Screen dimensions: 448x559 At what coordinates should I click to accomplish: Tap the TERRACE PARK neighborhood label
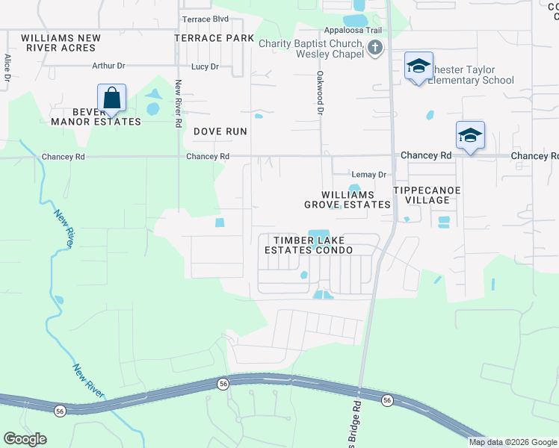click(209, 37)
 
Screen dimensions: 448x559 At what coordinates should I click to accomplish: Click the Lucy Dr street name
click(205, 66)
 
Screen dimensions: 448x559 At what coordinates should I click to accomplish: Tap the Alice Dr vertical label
click(7, 67)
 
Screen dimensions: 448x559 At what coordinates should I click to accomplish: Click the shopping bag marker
click(111, 98)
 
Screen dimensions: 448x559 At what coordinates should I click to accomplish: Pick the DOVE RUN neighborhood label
click(220, 131)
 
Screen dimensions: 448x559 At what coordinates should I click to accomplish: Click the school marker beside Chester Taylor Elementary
click(419, 67)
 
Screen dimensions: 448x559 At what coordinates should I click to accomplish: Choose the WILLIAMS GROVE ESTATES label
click(347, 199)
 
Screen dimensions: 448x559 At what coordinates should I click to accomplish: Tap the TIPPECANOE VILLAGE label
click(427, 195)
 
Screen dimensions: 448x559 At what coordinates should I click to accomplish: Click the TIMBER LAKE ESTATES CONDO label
click(308, 245)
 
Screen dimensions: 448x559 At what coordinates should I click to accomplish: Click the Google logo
click(25, 439)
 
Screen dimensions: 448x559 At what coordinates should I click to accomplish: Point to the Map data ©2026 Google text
click(513, 442)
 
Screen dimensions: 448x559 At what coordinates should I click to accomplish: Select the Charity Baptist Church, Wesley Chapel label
click(311, 49)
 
